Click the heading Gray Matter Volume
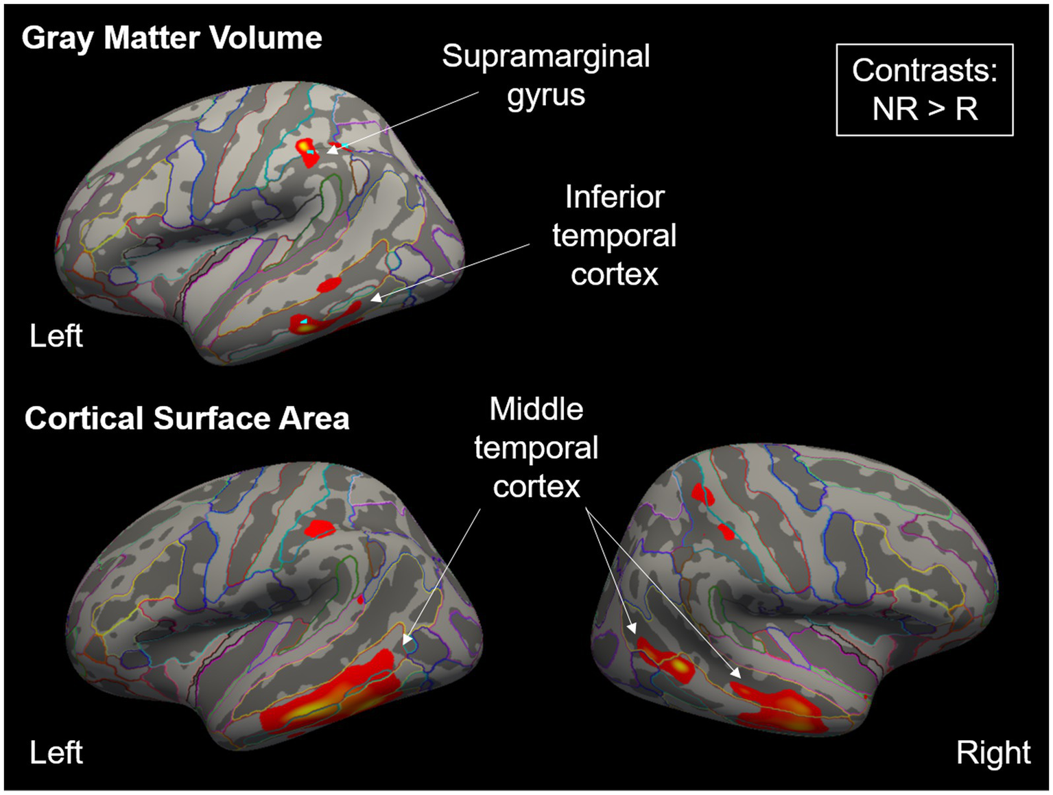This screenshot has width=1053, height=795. pos(171,38)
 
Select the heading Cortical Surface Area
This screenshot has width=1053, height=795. pos(187,418)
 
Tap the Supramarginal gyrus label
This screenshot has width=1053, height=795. pos(545,75)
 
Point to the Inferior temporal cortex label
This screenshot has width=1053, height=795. pos(614,235)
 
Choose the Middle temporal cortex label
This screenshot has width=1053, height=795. pos(536,447)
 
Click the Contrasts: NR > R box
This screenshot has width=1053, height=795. pos(924,90)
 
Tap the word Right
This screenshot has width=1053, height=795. pos(993,752)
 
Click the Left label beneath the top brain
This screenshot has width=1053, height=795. pos(56,336)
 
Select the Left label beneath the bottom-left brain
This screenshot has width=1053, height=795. pos(56,752)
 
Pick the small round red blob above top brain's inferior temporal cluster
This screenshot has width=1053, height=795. pos(329,284)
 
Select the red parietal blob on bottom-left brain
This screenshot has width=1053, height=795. pos(319,529)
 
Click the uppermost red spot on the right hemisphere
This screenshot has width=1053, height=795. pos(702,494)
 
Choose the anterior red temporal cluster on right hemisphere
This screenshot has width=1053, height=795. pos(779,707)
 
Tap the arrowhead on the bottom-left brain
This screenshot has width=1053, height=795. pos(407,641)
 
